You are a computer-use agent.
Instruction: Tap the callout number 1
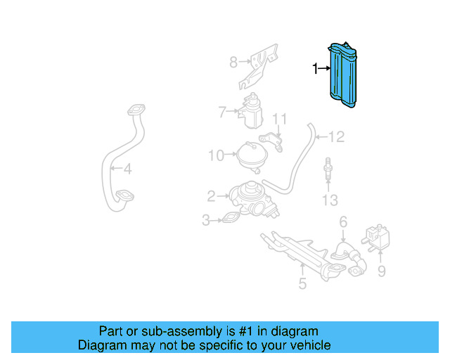316,68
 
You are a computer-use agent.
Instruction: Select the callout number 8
233,63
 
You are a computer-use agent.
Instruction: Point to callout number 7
221,111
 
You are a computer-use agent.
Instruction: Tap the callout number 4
127,169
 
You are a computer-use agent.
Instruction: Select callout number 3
206,221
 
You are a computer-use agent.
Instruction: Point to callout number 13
330,201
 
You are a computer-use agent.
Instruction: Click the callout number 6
343,222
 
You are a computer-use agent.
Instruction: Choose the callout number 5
302,284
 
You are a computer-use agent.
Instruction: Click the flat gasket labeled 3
231,219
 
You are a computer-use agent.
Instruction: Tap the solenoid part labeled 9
378,235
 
